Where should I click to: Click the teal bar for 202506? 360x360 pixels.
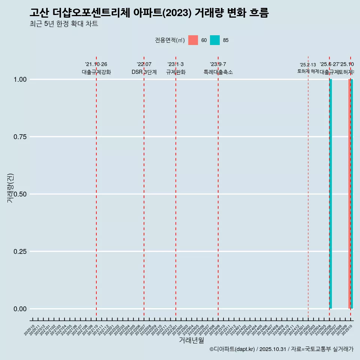(x=330, y=194)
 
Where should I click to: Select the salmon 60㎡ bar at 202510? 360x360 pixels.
(x=349, y=194)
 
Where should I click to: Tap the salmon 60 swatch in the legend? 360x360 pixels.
(x=193, y=40)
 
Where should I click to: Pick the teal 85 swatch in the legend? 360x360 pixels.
(x=215, y=40)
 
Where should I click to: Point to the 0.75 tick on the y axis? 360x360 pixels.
(x=19, y=136)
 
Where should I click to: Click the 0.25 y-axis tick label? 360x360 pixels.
(x=19, y=251)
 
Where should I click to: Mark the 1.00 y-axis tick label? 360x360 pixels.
(x=19, y=79)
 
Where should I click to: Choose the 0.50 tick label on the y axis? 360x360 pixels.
(x=19, y=194)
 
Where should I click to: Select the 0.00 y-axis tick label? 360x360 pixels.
(x=19, y=309)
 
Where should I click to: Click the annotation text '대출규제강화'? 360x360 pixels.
(x=96, y=72)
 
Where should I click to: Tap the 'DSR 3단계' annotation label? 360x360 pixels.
(x=144, y=72)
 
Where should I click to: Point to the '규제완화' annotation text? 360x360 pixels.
(x=176, y=72)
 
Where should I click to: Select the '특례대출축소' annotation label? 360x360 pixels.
(x=218, y=72)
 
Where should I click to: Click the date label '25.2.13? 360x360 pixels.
(x=308, y=65)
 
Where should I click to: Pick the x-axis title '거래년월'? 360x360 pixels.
(x=191, y=340)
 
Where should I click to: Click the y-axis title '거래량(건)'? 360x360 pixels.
(x=10, y=188)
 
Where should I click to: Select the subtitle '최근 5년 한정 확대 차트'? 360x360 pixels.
(x=64, y=24)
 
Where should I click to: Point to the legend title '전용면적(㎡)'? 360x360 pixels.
(x=170, y=40)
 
